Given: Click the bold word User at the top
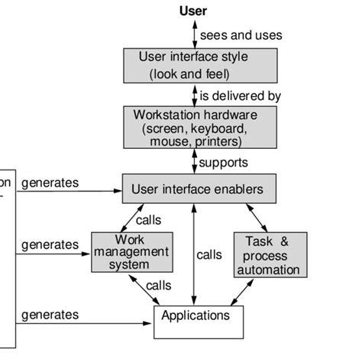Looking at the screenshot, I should click(x=193, y=11).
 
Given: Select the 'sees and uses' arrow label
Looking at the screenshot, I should click(x=241, y=35).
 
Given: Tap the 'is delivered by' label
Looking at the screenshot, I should click(x=241, y=96).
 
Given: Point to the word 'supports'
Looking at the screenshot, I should click(x=224, y=163).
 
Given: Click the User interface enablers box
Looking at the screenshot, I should click(x=199, y=189).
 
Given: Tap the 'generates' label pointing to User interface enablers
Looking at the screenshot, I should click(x=50, y=183).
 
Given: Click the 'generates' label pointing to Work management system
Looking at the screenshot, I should click(x=50, y=245).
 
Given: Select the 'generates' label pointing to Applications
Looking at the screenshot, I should click(x=50, y=314).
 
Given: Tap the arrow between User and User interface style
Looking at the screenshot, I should click(x=193, y=34).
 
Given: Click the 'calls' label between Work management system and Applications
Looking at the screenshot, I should click(x=159, y=285).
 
